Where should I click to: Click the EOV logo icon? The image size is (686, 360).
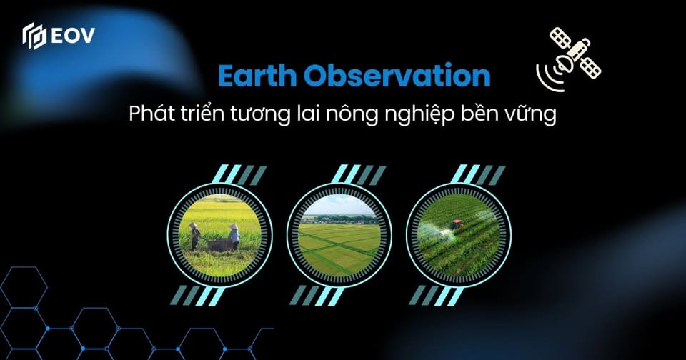[x=34, y=36]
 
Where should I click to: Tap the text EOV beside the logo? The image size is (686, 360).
[x=73, y=36]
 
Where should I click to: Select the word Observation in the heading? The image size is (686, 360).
[x=397, y=76]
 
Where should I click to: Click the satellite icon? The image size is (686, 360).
[x=568, y=59]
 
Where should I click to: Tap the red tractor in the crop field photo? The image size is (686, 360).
[x=457, y=225]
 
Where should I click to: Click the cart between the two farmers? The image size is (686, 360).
[x=219, y=244]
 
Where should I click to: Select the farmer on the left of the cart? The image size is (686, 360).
[x=194, y=236]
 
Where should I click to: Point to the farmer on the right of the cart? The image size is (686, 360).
[x=234, y=236]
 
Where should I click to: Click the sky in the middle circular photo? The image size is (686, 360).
[x=339, y=205]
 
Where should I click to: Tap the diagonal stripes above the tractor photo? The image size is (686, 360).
[x=478, y=174]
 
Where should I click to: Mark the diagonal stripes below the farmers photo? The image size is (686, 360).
[x=198, y=296]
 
